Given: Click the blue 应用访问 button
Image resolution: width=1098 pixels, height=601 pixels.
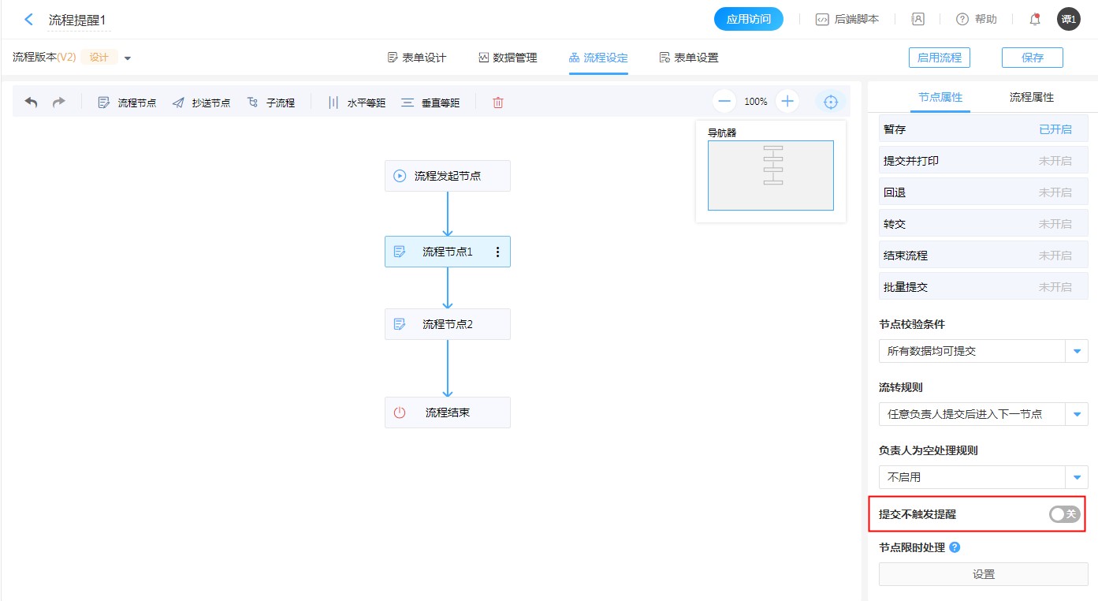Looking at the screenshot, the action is pyautogui.click(x=748, y=19).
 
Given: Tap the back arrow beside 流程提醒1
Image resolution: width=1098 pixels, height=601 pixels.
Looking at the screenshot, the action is pyautogui.click(x=29, y=20).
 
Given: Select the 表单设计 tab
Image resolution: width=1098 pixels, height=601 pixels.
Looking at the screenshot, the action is pyautogui.click(x=417, y=58).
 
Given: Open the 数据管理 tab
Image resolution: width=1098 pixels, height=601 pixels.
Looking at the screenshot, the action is pyautogui.click(x=508, y=58).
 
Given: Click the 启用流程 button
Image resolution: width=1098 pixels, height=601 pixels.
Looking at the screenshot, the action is pyautogui.click(x=940, y=58).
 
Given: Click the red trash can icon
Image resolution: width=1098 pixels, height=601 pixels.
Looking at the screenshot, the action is pyautogui.click(x=498, y=103).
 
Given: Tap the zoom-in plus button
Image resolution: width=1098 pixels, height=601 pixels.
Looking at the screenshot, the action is pyautogui.click(x=787, y=102).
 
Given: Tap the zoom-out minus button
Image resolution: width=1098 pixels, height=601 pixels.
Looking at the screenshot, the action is pyautogui.click(x=724, y=102).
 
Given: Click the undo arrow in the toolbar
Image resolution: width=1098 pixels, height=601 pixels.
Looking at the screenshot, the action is pyautogui.click(x=31, y=102).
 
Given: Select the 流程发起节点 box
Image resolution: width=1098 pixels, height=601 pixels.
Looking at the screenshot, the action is pyautogui.click(x=448, y=176).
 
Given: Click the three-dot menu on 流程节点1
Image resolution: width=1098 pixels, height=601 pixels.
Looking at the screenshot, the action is pyautogui.click(x=497, y=252).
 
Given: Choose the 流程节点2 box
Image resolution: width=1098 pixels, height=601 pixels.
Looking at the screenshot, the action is pyautogui.click(x=448, y=324).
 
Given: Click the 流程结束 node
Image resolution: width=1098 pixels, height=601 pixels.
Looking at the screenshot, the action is pyautogui.click(x=448, y=412).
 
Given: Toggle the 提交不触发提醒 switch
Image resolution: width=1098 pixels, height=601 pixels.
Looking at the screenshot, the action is pyautogui.click(x=1064, y=514).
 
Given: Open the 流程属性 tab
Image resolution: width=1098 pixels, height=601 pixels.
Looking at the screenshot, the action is pyautogui.click(x=1031, y=97).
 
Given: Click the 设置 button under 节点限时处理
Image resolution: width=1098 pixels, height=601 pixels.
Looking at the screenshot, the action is pyautogui.click(x=983, y=574).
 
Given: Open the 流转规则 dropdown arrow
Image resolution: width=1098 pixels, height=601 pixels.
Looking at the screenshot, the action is pyautogui.click(x=1077, y=414).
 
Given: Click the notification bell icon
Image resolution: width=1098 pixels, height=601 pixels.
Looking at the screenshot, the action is pyautogui.click(x=1035, y=19).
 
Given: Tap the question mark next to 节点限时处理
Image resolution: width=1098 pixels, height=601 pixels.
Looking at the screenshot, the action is pyautogui.click(x=955, y=547).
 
